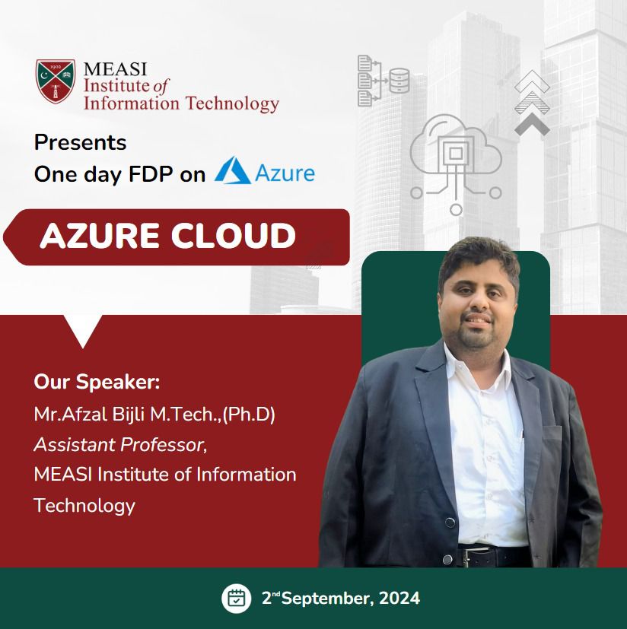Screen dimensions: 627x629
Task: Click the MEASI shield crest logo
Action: (56, 81)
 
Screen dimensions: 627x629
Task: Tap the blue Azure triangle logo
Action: (233, 170)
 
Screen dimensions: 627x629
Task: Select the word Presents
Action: (81, 142)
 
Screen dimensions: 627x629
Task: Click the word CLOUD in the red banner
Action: (233, 236)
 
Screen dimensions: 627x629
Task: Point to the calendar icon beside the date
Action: (237, 598)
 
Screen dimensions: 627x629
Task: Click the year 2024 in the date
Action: (399, 598)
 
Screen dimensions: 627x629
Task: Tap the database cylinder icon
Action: (399, 81)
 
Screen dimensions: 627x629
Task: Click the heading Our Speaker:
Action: (97, 382)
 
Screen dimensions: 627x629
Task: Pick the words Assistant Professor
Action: (119, 444)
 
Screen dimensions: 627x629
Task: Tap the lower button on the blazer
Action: (447, 559)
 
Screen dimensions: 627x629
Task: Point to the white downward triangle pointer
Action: (83, 330)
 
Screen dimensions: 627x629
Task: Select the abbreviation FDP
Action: (151, 174)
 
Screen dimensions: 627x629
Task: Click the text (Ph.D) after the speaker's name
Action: (249, 415)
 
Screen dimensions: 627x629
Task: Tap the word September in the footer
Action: (328, 599)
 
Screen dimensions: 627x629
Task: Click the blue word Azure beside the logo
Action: (285, 173)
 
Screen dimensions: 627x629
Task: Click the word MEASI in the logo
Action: (115, 69)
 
